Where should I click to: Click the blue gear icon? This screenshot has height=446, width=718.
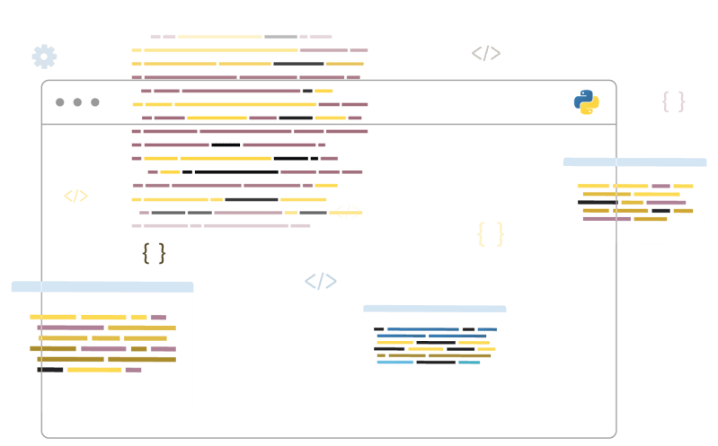click(x=44, y=57)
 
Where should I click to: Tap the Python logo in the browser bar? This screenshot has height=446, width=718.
click(x=587, y=102)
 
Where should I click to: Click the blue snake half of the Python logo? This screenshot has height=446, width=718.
click(x=584, y=97)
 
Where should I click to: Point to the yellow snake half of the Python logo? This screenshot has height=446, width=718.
click(x=589, y=108)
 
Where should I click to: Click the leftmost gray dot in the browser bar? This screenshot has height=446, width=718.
click(x=60, y=102)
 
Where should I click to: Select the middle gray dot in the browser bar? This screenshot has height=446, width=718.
click(x=77, y=102)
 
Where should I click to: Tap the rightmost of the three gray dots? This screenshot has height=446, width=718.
click(x=94, y=102)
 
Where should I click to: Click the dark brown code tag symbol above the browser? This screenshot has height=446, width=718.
click(x=485, y=53)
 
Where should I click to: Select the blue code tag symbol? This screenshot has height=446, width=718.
click(x=321, y=282)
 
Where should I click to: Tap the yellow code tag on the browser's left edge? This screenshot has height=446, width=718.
click(x=75, y=196)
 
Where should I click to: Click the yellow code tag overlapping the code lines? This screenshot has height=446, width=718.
click(x=346, y=213)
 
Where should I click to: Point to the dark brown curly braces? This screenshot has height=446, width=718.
click(x=154, y=253)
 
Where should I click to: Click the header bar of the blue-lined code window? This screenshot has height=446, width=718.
click(x=434, y=309)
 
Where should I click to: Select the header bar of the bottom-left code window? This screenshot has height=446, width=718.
click(x=102, y=287)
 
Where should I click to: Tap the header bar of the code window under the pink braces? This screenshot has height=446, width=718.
click(x=634, y=162)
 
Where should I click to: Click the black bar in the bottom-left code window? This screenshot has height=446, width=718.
click(x=49, y=370)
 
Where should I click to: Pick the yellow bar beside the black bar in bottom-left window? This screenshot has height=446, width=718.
click(x=94, y=370)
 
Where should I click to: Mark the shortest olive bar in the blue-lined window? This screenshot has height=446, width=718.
click(x=381, y=355)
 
